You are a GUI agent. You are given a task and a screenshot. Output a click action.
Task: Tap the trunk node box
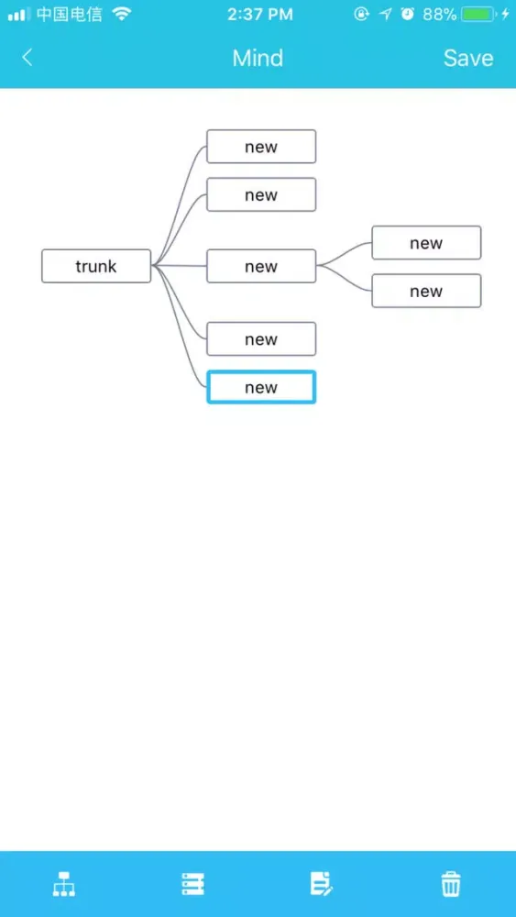click(96, 266)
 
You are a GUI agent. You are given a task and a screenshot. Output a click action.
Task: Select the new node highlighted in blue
click(261, 387)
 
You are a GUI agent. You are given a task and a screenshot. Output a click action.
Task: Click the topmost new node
click(261, 146)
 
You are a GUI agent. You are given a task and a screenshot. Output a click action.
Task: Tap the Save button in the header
click(468, 58)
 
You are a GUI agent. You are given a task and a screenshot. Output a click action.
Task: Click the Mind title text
click(258, 58)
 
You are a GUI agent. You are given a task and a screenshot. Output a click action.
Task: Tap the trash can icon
click(451, 884)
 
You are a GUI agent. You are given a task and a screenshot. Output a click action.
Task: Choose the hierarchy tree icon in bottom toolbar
click(64, 884)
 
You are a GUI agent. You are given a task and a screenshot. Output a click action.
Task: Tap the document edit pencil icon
click(321, 884)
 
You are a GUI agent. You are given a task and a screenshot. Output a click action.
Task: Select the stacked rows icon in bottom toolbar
click(192, 884)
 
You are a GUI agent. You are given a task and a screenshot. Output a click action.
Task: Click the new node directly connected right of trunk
click(261, 266)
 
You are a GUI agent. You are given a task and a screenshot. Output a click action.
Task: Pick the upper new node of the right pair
click(426, 243)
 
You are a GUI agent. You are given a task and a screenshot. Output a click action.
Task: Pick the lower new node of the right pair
click(426, 291)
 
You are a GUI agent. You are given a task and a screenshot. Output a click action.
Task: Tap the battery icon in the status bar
click(479, 15)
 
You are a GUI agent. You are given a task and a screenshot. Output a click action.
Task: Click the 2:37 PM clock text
click(260, 15)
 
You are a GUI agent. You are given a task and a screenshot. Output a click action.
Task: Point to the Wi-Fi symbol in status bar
click(122, 14)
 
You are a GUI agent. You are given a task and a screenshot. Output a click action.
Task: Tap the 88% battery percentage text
click(439, 15)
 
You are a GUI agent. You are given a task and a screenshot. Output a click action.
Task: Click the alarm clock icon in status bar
click(407, 14)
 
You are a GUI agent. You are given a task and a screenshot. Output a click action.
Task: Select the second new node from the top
click(261, 194)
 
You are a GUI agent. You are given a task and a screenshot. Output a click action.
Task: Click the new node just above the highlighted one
click(261, 338)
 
